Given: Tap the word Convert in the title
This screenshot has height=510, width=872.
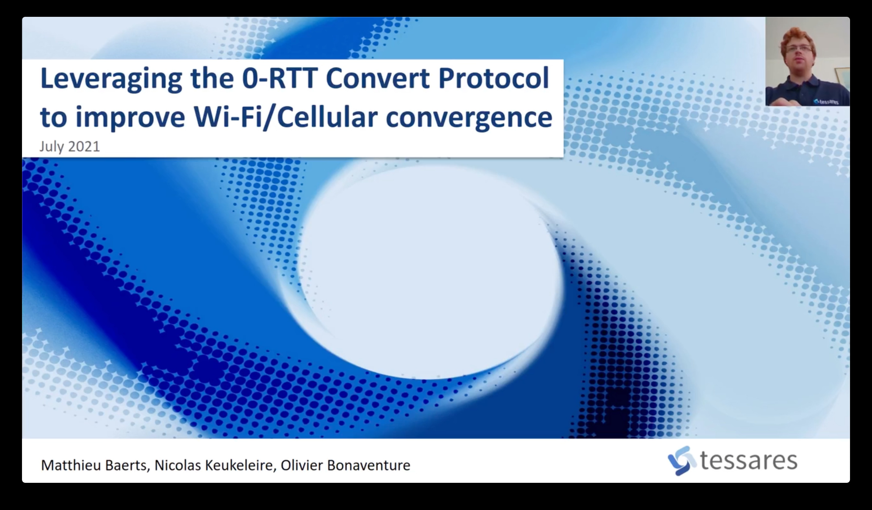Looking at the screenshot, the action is pyautogui.click(x=377, y=78).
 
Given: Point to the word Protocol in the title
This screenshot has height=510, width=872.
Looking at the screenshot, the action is pyautogui.click(x=494, y=78).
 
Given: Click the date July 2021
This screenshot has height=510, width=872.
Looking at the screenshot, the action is pyautogui.click(x=70, y=147).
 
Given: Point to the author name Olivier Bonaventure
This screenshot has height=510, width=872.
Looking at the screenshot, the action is pyautogui.click(x=345, y=465).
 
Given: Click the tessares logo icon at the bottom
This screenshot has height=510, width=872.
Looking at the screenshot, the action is pyautogui.click(x=681, y=460).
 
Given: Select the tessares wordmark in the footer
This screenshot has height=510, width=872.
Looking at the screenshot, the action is pyautogui.click(x=748, y=460).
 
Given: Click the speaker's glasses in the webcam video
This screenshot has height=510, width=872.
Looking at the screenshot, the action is pyautogui.click(x=799, y=49).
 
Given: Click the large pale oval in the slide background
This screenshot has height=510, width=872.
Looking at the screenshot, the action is pyautogui.click(x=429, y=272).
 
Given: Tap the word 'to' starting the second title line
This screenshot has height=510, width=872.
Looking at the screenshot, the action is pyautogui.click(x=54, y=118).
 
